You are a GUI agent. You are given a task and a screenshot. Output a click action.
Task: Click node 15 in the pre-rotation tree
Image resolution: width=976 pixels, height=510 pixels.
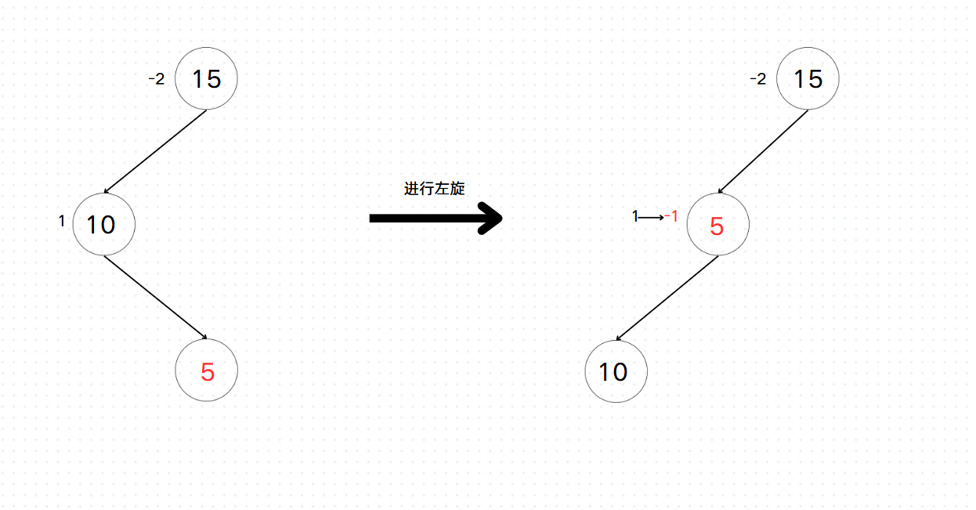206,78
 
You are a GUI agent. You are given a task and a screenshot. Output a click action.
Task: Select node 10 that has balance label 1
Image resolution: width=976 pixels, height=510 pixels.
103,224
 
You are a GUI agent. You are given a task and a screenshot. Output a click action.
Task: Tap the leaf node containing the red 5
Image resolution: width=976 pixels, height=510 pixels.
207,371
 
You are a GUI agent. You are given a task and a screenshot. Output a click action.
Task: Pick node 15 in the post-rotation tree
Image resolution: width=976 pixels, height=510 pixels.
808,78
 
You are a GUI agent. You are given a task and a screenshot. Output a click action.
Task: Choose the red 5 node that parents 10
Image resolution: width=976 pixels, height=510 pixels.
718,225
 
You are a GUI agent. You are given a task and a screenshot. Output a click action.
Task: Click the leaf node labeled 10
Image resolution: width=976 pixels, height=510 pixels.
616,371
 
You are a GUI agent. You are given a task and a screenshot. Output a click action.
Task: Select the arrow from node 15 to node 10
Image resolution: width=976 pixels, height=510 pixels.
155,151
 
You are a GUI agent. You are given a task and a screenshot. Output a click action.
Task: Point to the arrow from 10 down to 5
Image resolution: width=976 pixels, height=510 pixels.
155,298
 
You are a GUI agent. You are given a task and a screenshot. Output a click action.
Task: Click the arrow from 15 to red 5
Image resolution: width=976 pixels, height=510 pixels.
763,151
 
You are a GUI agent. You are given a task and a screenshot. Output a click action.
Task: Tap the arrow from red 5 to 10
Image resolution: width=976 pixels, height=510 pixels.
667,298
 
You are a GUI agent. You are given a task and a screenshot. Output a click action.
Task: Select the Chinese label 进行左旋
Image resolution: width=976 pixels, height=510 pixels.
434,189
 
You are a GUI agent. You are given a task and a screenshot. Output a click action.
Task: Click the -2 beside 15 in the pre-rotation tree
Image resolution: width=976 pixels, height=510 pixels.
156,78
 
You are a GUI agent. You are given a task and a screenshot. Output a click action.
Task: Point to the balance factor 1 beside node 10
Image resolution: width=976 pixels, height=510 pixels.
62,222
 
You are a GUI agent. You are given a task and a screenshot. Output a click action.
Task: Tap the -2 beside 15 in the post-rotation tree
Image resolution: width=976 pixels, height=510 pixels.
757,78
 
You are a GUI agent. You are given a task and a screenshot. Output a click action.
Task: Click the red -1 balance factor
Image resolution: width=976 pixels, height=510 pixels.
671,216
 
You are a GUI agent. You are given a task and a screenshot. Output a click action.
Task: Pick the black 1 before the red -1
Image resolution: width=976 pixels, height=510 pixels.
635,217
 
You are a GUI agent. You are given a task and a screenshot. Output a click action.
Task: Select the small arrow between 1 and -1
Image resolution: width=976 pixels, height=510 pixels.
652,217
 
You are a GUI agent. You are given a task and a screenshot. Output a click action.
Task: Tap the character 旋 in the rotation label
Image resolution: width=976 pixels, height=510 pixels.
457,189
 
